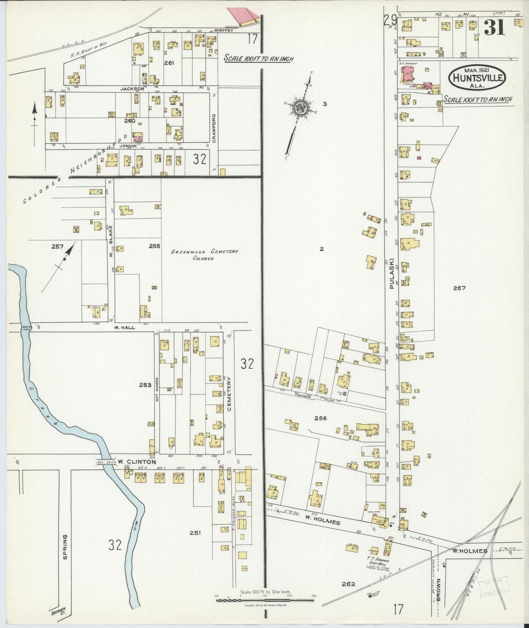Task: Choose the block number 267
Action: [459, 288]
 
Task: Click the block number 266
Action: [320, 418]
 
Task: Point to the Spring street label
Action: [65, 547]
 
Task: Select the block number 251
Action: [195, 533]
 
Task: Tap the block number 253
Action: [145, 385]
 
